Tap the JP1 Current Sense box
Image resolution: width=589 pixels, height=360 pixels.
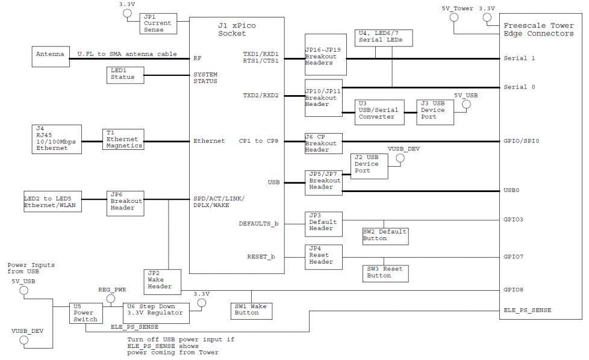[158, 23]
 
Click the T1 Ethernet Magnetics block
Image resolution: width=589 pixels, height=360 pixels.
[123, 139]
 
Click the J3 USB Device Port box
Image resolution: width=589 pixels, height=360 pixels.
[435, 110]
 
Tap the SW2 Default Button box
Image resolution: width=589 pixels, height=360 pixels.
[385, 235]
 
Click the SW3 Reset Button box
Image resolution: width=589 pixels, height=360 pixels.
[386, 273]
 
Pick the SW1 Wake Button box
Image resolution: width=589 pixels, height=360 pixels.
[252, 310]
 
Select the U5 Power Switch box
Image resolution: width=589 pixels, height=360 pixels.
[85, 313]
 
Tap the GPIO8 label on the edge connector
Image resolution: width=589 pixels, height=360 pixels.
[514, 290]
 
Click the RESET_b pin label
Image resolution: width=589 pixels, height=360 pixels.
[260, 256]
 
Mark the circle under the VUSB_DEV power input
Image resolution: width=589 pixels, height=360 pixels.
[25, 341]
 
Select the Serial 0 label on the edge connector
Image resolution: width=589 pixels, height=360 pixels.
[519, 87]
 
